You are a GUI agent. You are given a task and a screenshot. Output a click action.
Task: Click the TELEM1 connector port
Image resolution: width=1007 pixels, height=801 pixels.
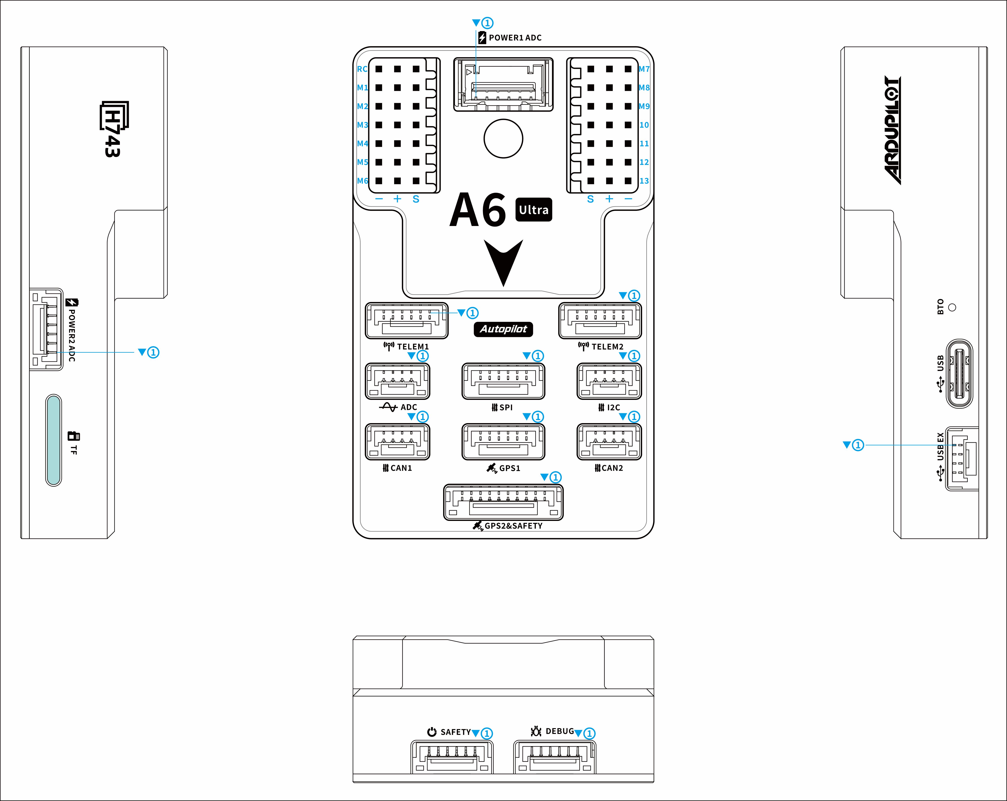coord(406,321)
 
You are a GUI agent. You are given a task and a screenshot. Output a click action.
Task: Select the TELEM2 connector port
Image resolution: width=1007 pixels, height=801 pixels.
coord(600,321)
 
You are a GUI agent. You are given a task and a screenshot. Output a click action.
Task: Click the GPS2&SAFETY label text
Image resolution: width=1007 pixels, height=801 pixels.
coord(513,526)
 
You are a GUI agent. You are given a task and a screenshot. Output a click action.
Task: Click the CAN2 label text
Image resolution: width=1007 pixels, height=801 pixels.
coord(612,468)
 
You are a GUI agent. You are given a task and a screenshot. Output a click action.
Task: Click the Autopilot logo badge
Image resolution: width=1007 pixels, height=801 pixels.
coord(503,329)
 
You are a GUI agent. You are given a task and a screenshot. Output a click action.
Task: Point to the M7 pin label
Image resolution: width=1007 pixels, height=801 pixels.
coord(644,69)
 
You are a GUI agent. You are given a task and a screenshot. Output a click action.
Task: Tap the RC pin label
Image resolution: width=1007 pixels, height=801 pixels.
coord(362,69)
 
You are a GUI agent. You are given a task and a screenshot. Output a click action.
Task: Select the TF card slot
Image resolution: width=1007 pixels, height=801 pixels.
coord(54,440)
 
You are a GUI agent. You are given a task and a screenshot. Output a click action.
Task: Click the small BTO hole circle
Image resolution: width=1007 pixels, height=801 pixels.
coord(952,307)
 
